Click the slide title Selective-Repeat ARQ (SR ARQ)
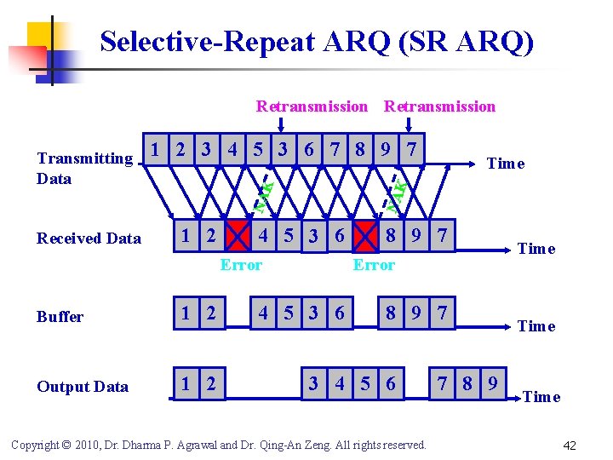(317, 42)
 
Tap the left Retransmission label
(312, 106)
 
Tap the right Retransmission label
(439, 106)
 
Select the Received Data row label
(89, 239)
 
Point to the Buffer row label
(60, 317)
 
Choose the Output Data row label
(83, 387)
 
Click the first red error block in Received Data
(238, 235)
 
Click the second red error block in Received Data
(366, 235)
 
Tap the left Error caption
(241, 265)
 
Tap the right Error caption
(374, 265)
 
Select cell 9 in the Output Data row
(493, 383)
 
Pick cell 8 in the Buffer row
(390, 313)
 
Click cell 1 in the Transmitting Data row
(154, 149)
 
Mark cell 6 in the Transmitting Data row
(309, 149)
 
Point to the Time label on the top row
(505, 164)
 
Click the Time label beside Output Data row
(541, 397)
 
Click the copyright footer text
(217, 445)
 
